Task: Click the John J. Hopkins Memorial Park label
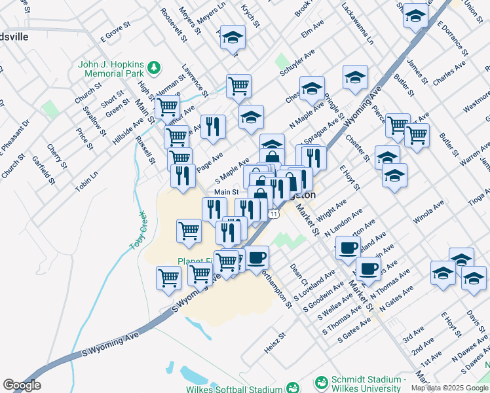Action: click(x=111, y=69)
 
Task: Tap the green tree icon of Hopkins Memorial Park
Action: click(x=153, y=66)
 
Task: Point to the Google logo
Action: click(x=22, y=385)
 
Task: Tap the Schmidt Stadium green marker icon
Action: click(x=322, y=382)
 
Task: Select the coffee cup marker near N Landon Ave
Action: click(x=347, y=247)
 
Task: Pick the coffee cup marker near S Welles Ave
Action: click(x=368, y=268)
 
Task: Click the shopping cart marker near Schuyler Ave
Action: click(x=238, y=84)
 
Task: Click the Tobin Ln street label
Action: click(x=86, y=181)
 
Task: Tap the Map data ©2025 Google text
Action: click(x=448, y=388)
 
